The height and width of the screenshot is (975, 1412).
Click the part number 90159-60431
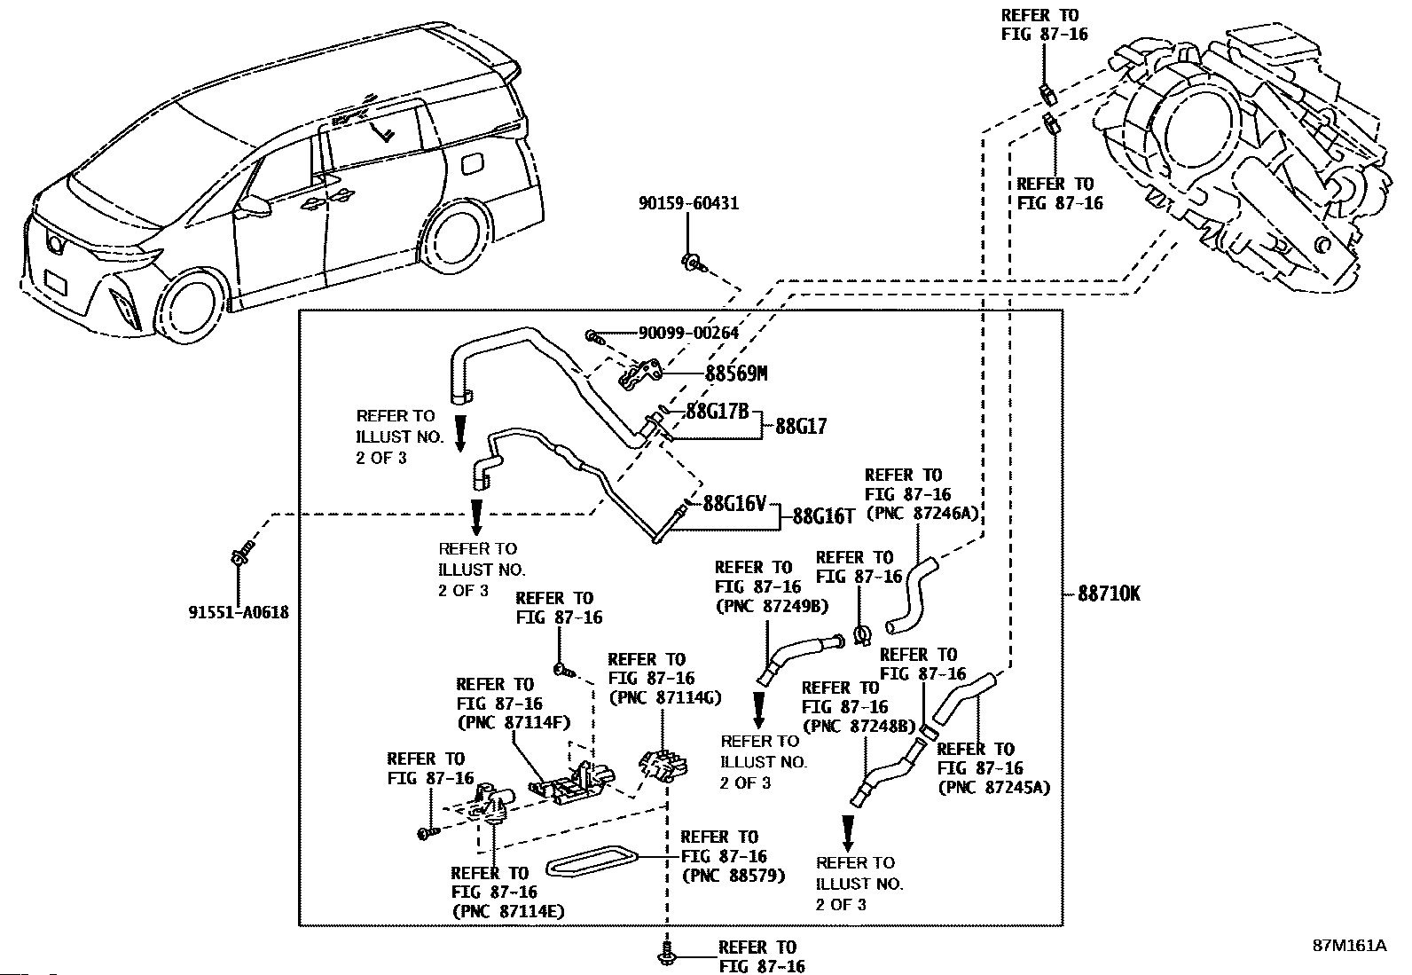coord(687,203)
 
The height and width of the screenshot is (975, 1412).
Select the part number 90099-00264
coord(688,334)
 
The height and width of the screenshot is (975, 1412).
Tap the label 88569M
coord(735,373)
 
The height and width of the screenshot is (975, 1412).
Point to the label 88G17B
coord(718,412)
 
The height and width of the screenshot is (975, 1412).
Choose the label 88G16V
coord(733,504)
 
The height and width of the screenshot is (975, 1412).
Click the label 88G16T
coord(822,515)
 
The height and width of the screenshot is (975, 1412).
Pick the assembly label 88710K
coord(1109,594)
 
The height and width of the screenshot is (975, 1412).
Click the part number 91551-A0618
coord(238,612)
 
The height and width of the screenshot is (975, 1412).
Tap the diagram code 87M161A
coord(1349,946)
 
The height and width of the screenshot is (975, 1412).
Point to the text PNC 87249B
coord(771,607)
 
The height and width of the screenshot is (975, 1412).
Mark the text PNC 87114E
coord(508,911)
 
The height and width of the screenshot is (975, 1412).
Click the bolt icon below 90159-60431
coord(692,261)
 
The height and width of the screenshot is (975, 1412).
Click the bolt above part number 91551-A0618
coord(241,554)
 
